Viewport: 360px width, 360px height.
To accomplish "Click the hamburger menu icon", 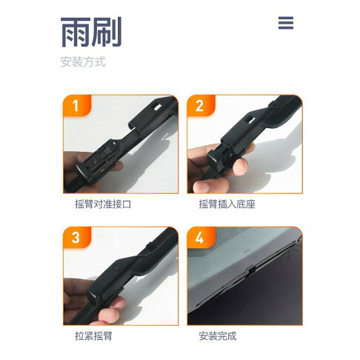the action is tap(286, 23).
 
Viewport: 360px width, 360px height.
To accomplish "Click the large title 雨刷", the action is tap(91, 32).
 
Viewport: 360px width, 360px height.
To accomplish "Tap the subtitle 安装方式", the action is tap(83, 61).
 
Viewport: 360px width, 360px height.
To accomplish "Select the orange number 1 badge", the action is tap(77, 105).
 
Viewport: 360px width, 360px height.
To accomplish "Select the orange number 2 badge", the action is tap(201, 105).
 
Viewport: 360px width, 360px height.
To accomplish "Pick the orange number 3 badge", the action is tap(77, 237).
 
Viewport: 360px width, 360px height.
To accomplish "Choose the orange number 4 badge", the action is tap(201, 237).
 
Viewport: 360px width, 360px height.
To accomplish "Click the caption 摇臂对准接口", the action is tap(103, 204).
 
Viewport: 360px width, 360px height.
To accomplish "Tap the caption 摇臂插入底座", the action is tap(227, 204).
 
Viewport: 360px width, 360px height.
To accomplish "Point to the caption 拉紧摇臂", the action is tap(93, 336).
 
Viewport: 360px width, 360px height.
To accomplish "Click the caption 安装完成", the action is tap(218, 336).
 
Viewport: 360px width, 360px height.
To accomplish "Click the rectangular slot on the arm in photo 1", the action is tap(157, 107).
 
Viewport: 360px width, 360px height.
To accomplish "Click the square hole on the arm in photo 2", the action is tap(250, 120).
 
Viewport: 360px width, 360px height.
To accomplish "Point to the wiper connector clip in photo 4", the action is tap(252, 271).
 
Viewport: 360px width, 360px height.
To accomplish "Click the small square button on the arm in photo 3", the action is tap(117, 267).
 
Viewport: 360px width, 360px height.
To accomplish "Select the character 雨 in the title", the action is tap(76, 32).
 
